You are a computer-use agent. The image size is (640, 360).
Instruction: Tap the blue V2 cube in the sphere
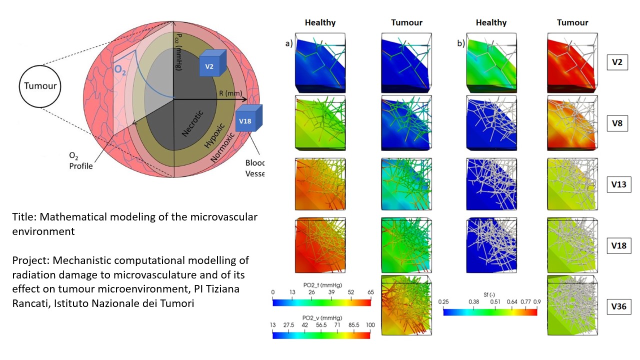(212, 63)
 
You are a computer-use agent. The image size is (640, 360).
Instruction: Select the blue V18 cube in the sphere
(248, 118)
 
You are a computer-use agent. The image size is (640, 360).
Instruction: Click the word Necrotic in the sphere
(192, 123)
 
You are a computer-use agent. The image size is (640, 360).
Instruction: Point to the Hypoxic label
(214, 135)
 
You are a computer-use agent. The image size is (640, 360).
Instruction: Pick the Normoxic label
(223, 147)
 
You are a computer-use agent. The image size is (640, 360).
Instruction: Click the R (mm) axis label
(230, 93)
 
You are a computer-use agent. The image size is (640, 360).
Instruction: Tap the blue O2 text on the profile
(119, 70)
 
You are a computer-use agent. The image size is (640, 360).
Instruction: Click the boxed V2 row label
(617, 62)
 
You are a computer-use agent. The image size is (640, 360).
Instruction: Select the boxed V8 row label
(617, 123)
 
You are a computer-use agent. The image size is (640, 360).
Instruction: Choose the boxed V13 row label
(619, 184)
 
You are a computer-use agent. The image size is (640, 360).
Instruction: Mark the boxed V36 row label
(619, 306)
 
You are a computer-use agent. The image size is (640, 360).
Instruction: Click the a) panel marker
(289, 43)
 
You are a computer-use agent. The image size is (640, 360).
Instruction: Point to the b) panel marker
(461, 43)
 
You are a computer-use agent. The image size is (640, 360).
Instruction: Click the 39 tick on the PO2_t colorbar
(331, 292)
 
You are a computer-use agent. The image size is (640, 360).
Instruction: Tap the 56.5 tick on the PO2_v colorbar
(321, 325)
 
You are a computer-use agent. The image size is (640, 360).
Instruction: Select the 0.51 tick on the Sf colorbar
(495, 301)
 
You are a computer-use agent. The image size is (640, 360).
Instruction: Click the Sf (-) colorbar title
(489, 294)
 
